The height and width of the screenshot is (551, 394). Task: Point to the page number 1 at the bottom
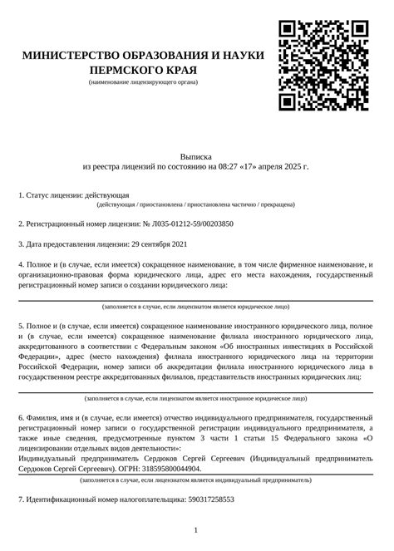(x=196, y=529)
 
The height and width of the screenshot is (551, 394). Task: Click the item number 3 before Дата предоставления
(x=21, y=244)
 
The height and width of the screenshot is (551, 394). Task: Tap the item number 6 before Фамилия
(x=21, y=413)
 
